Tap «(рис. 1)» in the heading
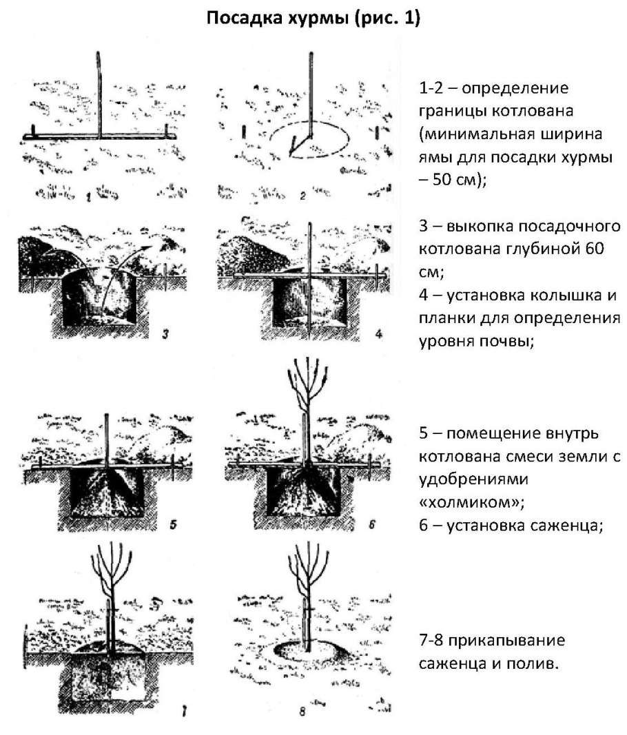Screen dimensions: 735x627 (x=387, y=19)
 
